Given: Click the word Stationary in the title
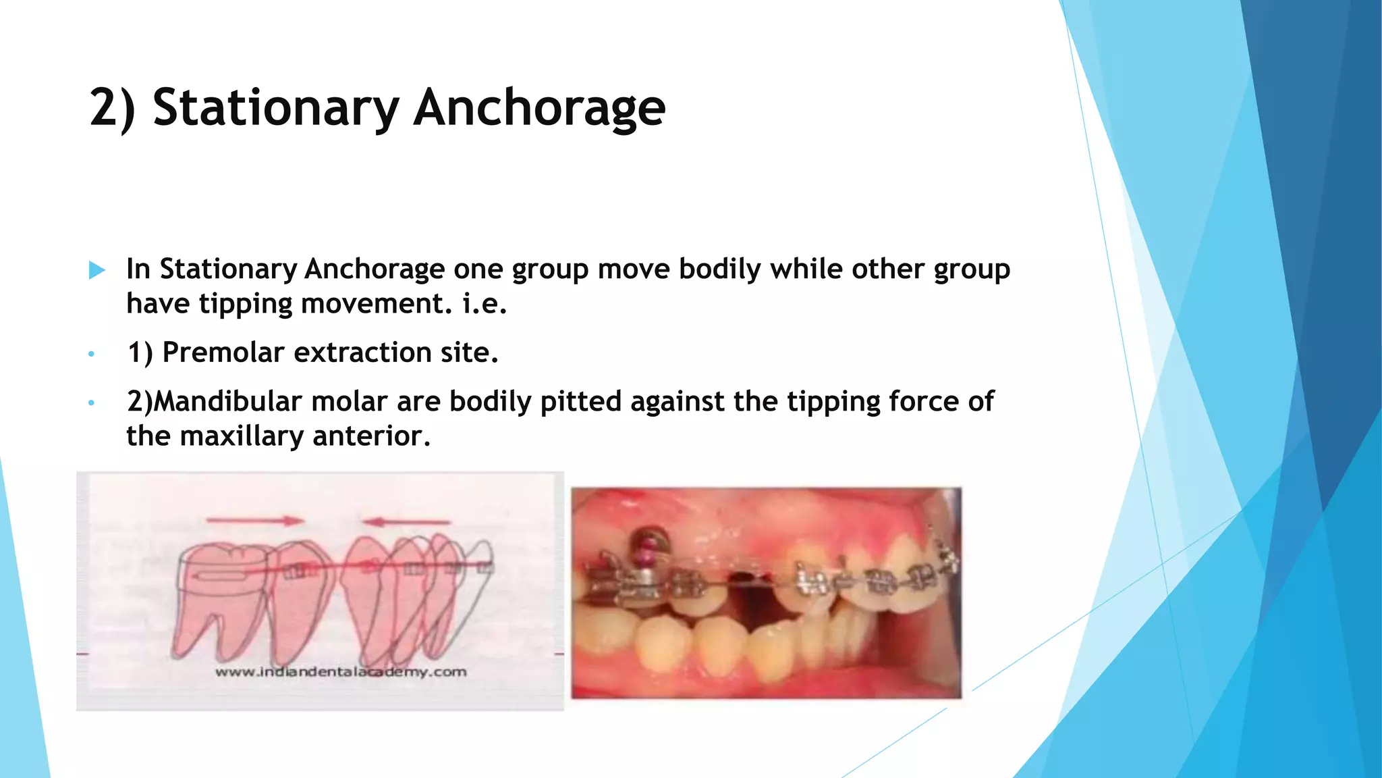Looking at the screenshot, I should pyautogui.click(x=276, y=108).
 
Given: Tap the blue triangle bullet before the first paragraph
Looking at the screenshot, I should pyautogui.click(x=97, y=270).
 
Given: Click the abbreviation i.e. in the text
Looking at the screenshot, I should pyautogui.click(x=484, y=304).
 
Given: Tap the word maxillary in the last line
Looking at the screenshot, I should pyautogui.click(x=242, y=436).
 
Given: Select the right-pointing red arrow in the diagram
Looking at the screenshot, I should pyautogui.click(x=255, y=521).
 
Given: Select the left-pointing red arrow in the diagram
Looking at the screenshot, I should pyautogui.click(x=406, y=521).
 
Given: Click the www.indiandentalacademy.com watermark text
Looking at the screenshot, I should pyautogui.click(x=341, y=672).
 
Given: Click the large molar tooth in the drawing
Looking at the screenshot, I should pyautogui.click(x=219, y=594).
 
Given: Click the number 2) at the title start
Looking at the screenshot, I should pyautogui.click(x=112, y=108).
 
